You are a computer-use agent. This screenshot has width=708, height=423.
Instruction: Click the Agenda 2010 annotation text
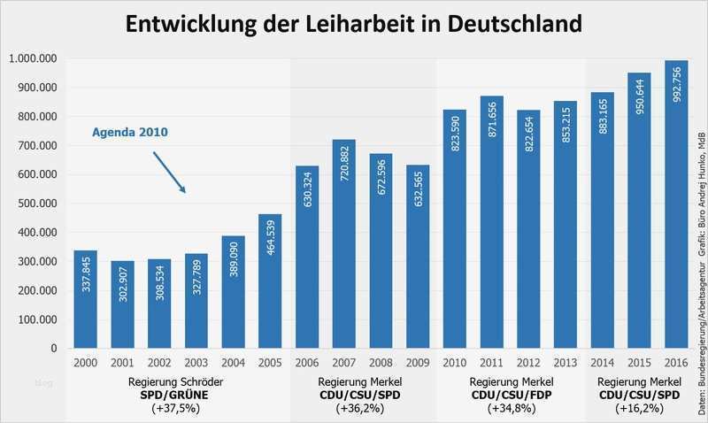click(x=130, y=133)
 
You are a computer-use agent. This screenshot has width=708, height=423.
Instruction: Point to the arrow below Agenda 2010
click(x=169, y=172)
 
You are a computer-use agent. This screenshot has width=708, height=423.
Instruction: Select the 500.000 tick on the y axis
click(x=32, y=204)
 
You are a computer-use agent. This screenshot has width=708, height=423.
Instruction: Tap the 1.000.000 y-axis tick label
click(x=32, y=58)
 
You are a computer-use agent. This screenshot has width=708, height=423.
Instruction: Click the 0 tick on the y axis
click(x=54, y=349)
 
